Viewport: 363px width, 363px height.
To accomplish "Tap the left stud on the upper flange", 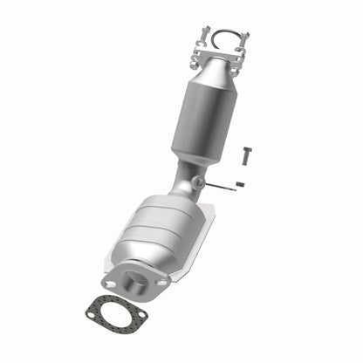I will click(x=204, y=37).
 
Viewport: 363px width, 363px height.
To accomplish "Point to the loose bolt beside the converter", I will click(x=246, y=159).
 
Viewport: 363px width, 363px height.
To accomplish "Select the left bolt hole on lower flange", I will click(x=110, y=284).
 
